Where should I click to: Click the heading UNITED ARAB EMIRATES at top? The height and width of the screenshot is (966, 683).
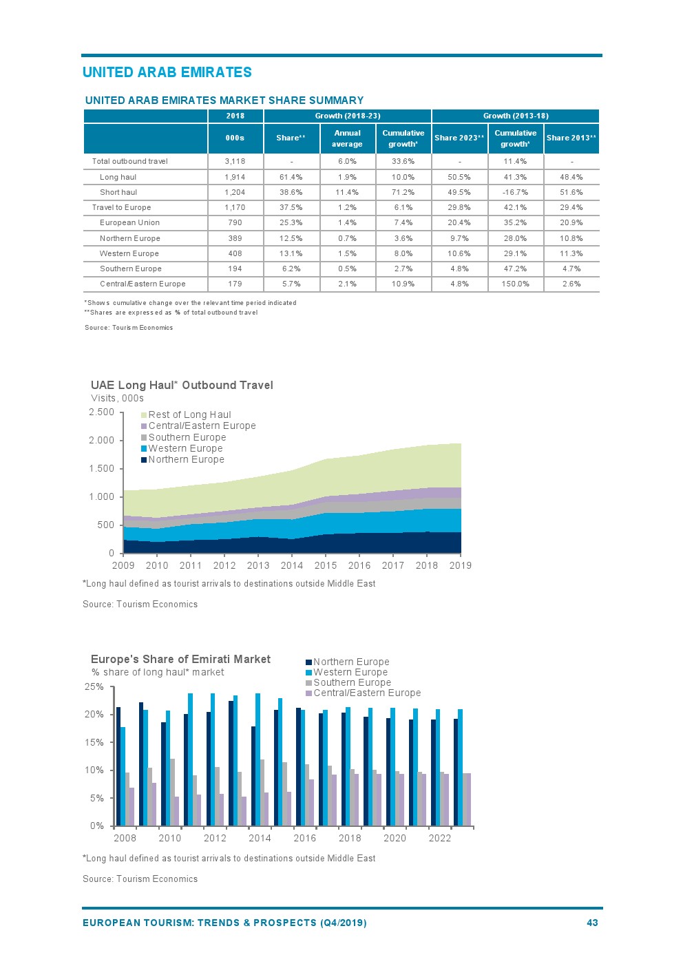167,72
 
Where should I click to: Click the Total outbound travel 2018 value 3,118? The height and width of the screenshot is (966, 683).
235,161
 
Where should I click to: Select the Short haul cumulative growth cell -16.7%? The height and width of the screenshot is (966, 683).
515,192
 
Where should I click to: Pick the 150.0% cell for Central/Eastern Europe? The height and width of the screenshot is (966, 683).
515,284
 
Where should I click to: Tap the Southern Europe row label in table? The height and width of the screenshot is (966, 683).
131,269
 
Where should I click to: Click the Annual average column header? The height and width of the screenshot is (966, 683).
347,138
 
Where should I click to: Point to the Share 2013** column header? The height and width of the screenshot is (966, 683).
571,138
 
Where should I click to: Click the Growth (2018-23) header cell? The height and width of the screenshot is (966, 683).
347,116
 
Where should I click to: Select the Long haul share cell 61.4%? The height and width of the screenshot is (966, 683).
291,177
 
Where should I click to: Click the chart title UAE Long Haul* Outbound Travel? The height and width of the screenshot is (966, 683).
182,385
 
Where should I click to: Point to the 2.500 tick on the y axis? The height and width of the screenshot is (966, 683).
102,412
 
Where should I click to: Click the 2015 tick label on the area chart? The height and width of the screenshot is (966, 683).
326,565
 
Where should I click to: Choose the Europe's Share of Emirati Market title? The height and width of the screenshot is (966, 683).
180,659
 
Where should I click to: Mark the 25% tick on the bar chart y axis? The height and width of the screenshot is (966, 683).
94,686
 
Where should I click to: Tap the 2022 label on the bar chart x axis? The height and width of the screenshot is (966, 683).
440,838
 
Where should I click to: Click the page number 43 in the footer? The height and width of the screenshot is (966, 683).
592,923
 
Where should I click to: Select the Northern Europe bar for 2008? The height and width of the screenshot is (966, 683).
118,766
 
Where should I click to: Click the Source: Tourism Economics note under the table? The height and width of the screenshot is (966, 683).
129,328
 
